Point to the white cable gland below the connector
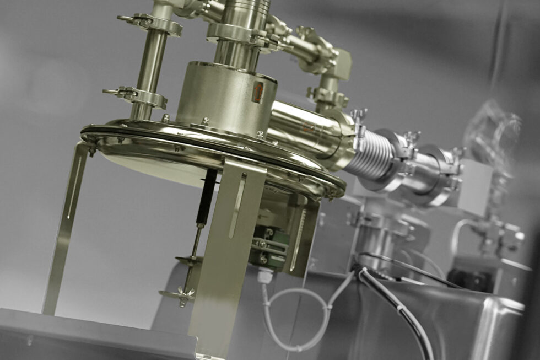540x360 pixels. coord(264,274)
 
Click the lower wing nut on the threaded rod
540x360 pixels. coord(177,295)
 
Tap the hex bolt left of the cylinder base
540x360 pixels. coord(165,118)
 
